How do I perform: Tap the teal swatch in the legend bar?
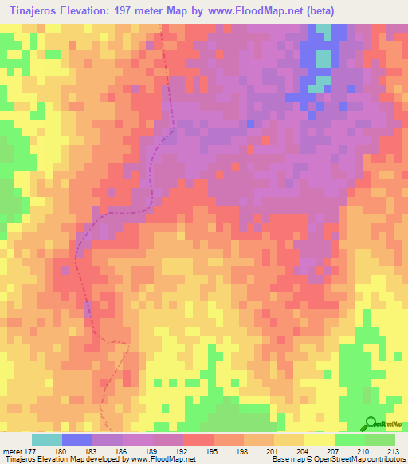47,439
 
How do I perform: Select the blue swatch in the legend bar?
77,439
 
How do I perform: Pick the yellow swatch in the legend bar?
320,439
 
